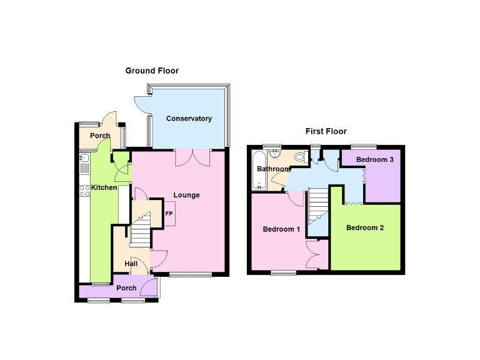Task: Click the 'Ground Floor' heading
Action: coord(152,71)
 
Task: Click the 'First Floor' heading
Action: coord(326,131)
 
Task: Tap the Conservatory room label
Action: coord(189,119)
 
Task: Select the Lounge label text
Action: coord(186,195)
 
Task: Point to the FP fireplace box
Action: coord(169,214)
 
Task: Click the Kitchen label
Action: coord(104,187)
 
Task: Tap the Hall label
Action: coord(131,264)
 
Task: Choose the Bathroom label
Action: coord(273,169)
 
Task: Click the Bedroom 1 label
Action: coord(281,229)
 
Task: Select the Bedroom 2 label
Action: coord(365,227)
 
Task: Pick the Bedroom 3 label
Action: coord(375,159)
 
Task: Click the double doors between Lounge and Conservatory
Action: coord(192,157)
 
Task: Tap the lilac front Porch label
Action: coord(126,288)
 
